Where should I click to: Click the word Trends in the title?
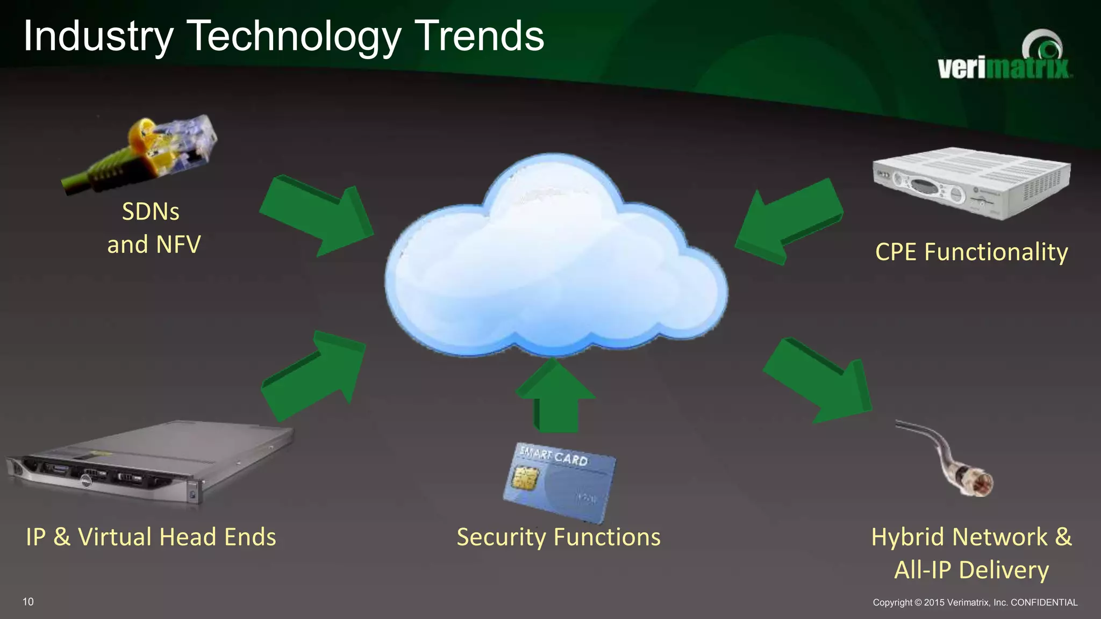tap(480, 37)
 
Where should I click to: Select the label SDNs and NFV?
tap(153, 228)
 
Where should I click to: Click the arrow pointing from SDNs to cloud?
tap(317, 215)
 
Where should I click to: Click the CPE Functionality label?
tap(971, 252)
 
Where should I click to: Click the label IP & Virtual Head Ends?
tap(151, 537)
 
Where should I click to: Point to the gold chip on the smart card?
tap(525, 477)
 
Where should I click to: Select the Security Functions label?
tap(559, 537)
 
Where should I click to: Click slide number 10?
tap(28, 602)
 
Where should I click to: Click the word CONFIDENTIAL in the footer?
tap(1044, 602)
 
